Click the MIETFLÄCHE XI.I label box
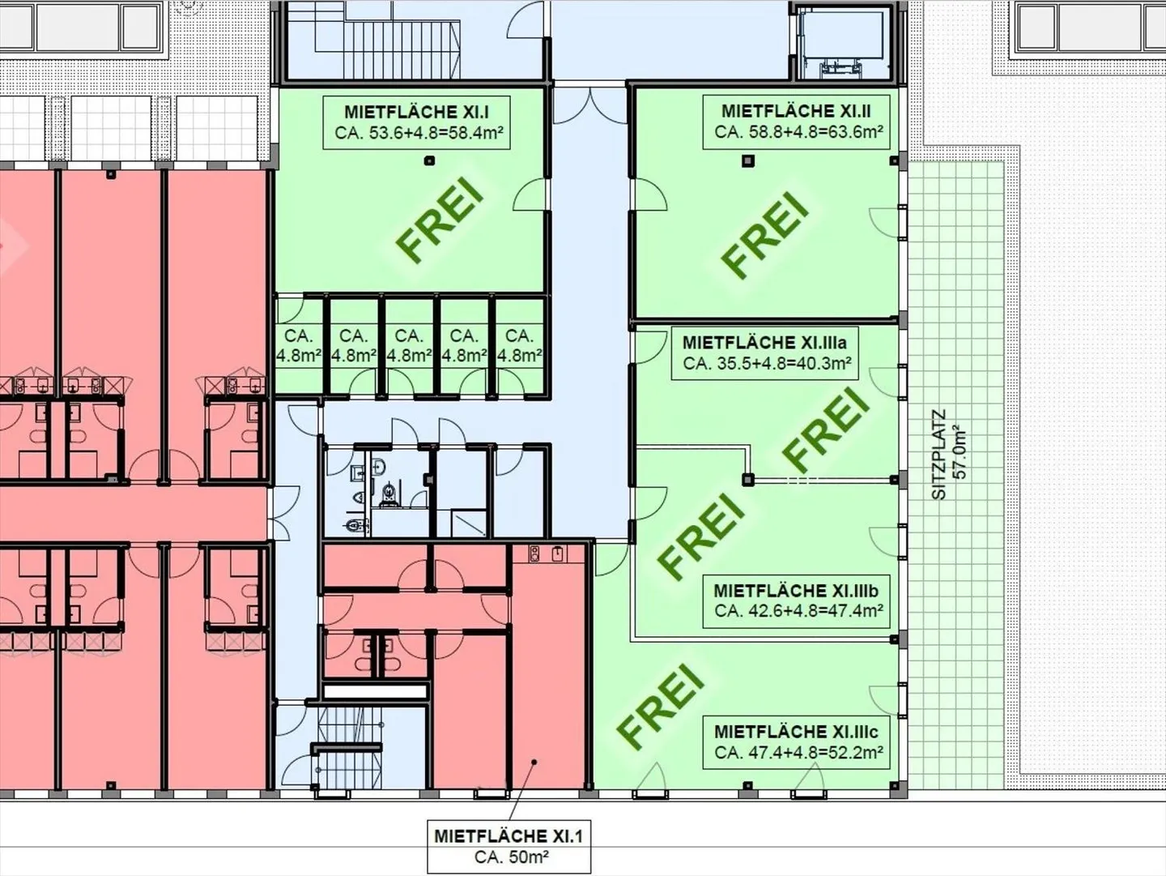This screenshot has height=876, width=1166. (x=415, y=122)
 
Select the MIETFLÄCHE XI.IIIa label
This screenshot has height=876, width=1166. (x=764, y=353)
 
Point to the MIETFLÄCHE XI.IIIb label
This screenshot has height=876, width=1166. (x=797, y=600)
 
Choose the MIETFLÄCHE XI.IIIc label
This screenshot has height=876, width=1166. (x=797, y=741)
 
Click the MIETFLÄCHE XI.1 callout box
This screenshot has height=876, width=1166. (x=508, y=846)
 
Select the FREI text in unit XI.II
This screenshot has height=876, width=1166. (x=766, y=234)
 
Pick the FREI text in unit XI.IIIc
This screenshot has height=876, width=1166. (x=660, y=705)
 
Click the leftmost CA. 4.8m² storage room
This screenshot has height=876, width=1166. (x=299, y=345)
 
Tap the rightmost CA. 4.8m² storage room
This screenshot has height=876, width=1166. (x=518, y=345)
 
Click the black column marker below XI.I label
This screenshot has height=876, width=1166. (x=429, y=160)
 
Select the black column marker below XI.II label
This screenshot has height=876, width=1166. (x=747, y=161)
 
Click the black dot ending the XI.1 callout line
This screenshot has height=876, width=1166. (x=534, y=762)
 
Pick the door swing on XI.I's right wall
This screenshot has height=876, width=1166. (x=533, y=197)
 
